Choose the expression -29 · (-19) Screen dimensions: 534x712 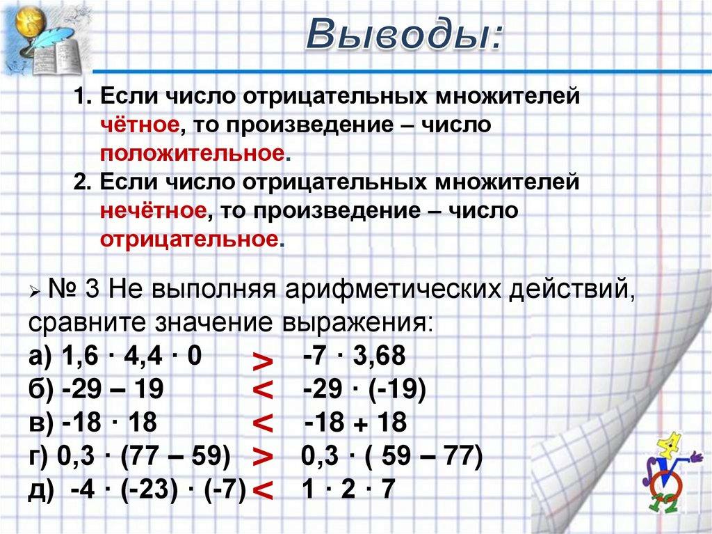point(364,390)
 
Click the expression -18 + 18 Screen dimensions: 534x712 point(355,423)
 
